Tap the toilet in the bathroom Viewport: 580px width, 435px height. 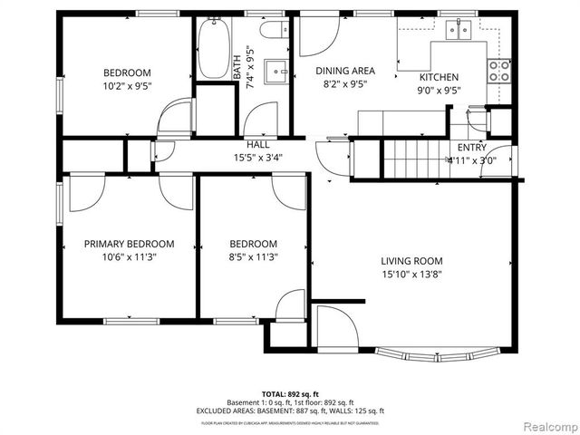[272, 30]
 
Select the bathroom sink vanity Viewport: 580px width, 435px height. [275, 70]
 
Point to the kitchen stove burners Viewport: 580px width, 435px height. [498, 71]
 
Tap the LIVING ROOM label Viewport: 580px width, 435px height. [411, 261]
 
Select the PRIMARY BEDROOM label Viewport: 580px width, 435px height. [129, 244]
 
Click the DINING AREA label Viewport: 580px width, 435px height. [344, 71]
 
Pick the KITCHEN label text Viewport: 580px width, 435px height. [438, 78]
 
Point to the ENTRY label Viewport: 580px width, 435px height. [471, 148]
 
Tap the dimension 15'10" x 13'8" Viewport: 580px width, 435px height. [411, 275]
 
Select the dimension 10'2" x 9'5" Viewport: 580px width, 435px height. [127, 88]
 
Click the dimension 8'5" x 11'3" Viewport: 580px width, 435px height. [253, 257]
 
